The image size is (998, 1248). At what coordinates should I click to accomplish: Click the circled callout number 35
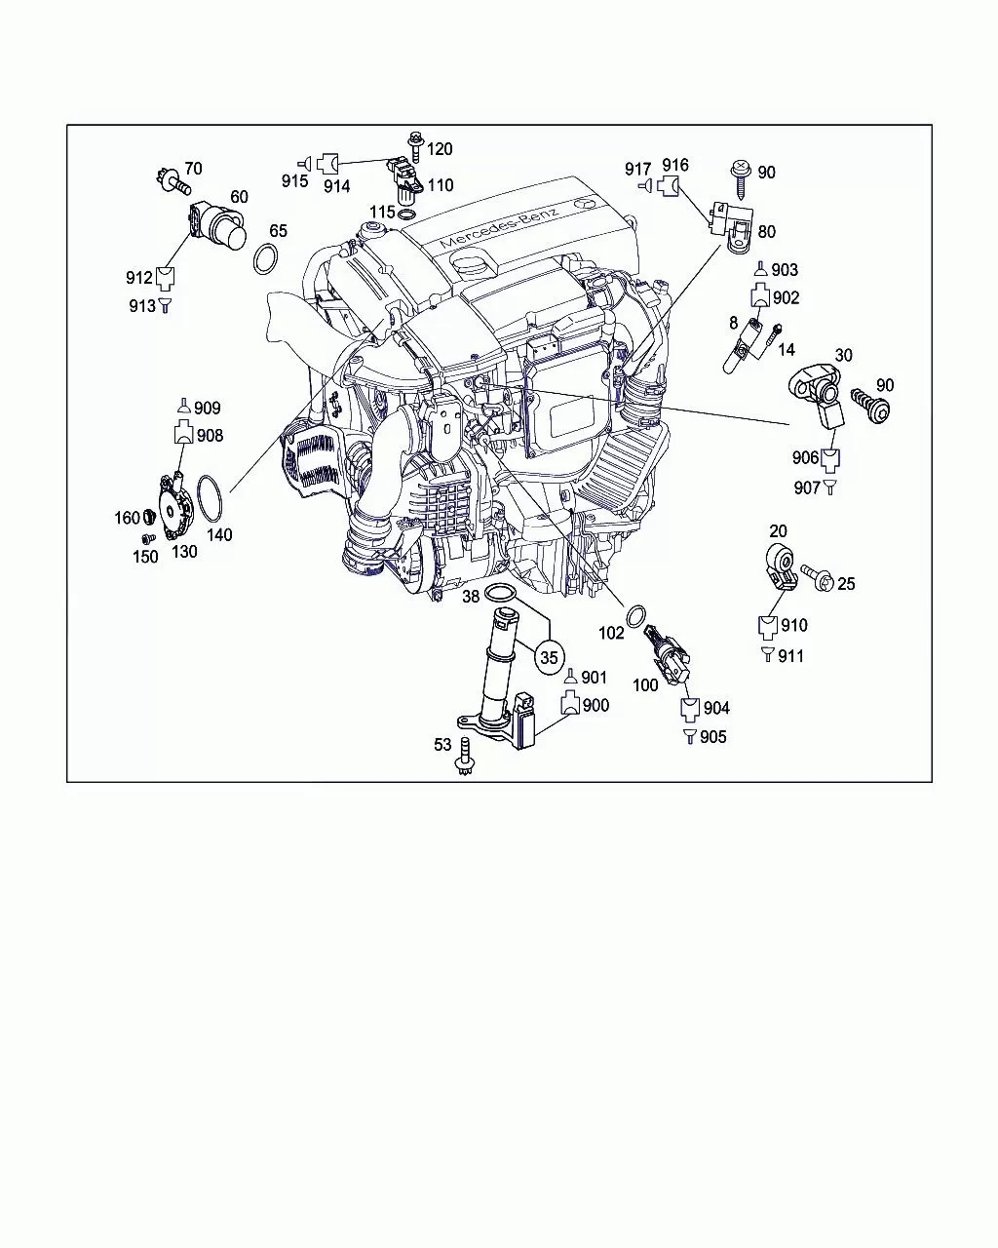click(549, 657)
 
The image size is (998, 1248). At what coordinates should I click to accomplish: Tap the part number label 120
click(440, 149)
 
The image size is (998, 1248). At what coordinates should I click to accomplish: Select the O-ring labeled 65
click(266, 259)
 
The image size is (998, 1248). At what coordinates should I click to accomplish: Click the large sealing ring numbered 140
click(210, 499)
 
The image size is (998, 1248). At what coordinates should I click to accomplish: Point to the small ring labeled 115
click(407, 215)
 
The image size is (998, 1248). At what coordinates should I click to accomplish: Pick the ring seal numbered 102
click(635, 616)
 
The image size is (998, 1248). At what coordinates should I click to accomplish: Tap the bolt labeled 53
click(466, 756)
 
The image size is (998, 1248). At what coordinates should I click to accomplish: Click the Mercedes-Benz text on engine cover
click(499, 227)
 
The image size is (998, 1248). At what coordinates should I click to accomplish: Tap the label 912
click(139, 278)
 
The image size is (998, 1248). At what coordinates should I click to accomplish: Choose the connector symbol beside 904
click(689, 709)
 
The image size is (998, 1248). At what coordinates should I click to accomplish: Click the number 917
click(638, 170)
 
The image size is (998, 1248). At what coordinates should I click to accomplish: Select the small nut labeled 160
click(149, 515)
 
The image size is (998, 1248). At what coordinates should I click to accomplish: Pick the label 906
click(805, 458)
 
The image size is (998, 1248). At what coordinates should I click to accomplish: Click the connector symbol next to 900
click(570, 703)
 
